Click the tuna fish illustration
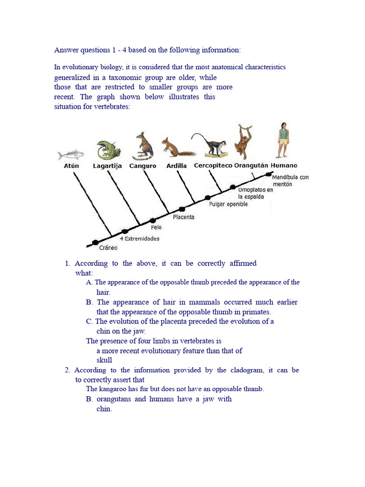(x=71, y=155)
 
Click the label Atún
(x=71, y=166)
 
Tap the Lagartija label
(x=107, y=166)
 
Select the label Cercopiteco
(x=213, y=166)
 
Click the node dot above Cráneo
(x=95, y=243)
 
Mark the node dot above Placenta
(x=182, y=209)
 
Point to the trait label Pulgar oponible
(x=228, y=205)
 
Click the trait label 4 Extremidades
(x=140, y=239)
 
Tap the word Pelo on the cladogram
(x=156, y=227)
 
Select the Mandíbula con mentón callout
(x=290, y=180)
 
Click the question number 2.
(x=67, y=370)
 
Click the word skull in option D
(x=104, y=360)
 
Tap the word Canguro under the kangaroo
(x=143, y=166)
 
